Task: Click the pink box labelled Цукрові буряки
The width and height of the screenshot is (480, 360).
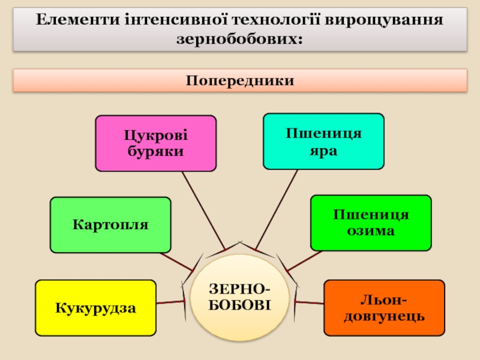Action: [x=155, y=143]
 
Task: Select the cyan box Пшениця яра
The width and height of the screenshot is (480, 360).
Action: [x=323, y=141]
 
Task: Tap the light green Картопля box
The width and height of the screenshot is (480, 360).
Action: [x=110, y=225]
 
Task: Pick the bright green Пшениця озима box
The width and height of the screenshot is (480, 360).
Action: [x=370, y=223]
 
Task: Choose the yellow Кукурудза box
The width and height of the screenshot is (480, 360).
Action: [x=95, y=308]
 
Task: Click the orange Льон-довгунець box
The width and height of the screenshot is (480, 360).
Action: [x=384, y=308]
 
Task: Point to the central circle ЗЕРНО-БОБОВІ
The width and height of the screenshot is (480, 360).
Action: [x=239, y=297]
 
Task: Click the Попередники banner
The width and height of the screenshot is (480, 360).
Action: [x=240, y=80]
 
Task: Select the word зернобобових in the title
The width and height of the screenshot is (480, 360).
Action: [x=240, y=40]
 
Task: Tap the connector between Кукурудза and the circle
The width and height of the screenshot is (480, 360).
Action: [x=170, y=304]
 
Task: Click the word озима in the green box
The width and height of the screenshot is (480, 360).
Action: [x=370, y=230]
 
